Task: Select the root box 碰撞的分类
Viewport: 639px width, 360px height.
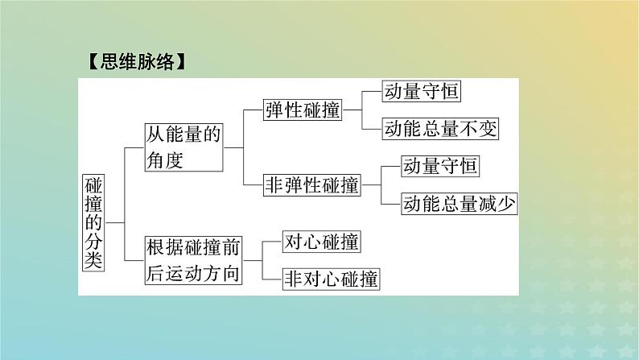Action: pos(94,221)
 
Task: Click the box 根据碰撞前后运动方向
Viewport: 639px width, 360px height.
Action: pos(193,259)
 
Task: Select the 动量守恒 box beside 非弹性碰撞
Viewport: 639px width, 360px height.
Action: pos(441,166)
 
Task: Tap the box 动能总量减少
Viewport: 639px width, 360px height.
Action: pos(459,204)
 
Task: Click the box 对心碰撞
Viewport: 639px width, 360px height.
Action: pos(321,241)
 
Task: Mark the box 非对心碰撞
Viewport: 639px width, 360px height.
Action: pos(331,279)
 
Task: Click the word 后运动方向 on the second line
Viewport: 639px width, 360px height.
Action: pos(193,273)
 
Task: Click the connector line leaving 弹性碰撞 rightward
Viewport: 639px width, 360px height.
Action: pos(352,110)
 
